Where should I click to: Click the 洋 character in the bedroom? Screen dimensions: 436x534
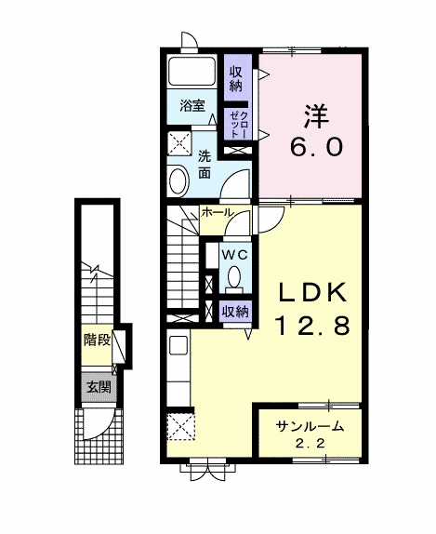[x=316, y=117]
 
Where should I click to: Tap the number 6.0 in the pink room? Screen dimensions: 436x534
[x=316, y=148]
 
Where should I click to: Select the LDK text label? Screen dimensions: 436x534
[x=312, y=292]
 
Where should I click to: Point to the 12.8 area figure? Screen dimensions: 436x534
[x=312, y=325]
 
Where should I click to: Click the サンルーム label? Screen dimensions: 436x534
[x=310, y=426]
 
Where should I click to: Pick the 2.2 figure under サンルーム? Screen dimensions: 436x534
[x=310, y=444]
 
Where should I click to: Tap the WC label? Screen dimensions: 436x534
[x=234, y=255]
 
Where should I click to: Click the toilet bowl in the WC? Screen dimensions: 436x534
[x=234, y=276]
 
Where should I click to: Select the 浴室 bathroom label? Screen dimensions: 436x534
[x=192, y=106]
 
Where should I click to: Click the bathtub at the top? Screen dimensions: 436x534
[x=192, y=72]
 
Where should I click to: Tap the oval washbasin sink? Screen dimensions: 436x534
[x=178, y=181]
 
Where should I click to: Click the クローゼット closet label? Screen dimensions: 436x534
[x=240, y=125]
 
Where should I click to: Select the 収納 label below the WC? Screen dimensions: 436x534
[x=235, y=312]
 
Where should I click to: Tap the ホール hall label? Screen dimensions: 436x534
[x=218, y=212]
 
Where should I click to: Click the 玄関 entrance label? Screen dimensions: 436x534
[x=99, y=388]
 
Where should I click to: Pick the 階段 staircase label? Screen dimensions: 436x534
[x=98, y=340]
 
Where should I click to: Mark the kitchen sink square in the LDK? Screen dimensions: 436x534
[x=178, y=346]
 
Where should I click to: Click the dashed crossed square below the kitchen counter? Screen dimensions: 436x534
[x=180, y=426]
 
